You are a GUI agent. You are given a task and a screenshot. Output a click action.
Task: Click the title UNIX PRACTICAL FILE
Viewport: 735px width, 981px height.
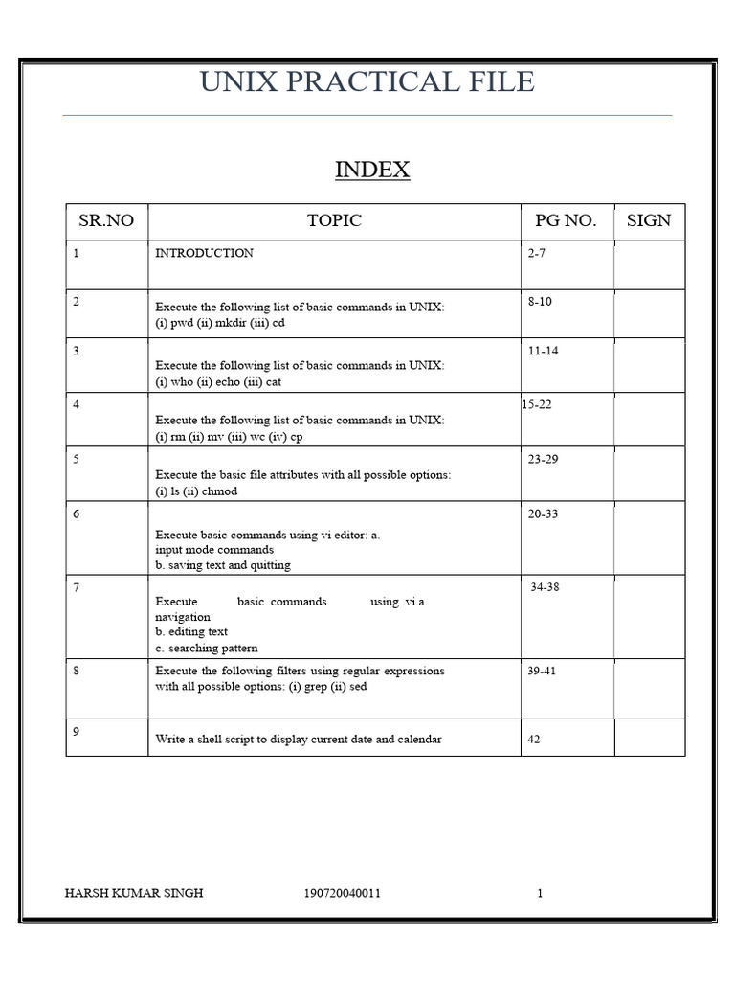[x=367, y=81]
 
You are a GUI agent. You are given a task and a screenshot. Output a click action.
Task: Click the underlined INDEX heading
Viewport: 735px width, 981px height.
[x=372, y=171]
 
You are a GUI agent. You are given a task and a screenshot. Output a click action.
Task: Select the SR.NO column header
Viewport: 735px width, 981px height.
[x=106, y=221]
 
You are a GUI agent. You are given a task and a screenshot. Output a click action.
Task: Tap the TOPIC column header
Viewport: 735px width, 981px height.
[x=334, y=221]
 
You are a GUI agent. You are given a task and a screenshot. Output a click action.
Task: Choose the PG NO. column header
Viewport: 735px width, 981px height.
[x=566, y=221]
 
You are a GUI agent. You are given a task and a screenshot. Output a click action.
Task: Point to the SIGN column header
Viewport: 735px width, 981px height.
[x=649, y=221]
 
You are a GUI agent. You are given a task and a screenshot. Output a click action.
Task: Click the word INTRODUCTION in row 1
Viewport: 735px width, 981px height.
[x=205, y=254]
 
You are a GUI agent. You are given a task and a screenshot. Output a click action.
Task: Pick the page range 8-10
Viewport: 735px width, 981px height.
[x=540, y=302]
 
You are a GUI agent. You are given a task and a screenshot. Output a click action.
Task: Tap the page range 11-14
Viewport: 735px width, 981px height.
[x=543, y=351]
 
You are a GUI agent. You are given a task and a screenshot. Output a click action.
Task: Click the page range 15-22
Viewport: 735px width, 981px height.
[x=537, y=404]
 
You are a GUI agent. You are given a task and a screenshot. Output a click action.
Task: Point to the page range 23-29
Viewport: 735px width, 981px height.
[x=543, y=459]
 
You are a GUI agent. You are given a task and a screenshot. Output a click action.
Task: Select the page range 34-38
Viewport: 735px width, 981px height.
[x=545, y=587]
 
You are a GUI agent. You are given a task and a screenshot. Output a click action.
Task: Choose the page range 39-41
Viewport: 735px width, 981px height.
[x=541, y=671]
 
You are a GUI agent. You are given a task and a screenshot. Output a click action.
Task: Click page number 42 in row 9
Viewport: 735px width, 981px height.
[x=534, y=740]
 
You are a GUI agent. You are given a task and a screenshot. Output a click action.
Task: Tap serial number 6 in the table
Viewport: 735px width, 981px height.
[x=77, y=513]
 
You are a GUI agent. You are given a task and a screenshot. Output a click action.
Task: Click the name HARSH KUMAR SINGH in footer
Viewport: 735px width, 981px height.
[x=133, y=894]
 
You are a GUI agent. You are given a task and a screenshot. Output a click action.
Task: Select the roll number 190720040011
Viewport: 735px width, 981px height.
[x=342, y=894]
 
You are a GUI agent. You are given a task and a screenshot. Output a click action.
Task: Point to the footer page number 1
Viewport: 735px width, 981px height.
[x=540, y=894]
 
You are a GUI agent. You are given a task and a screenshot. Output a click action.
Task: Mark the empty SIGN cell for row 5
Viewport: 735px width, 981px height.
[x=649, y=473]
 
